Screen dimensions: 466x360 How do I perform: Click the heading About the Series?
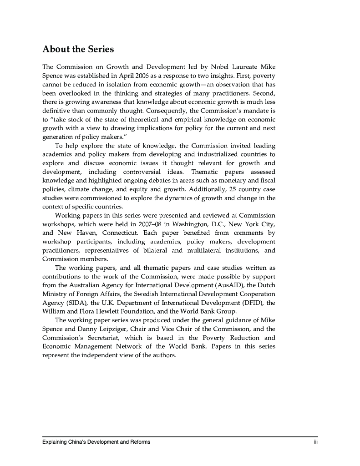(78, 49)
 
